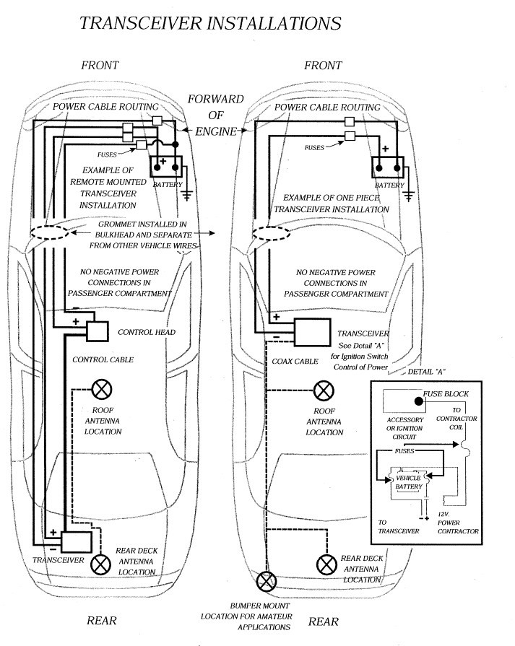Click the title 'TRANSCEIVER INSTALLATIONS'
[209, 23]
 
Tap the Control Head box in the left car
[100, 331]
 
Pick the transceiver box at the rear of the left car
[74, 541]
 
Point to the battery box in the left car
[166, 167]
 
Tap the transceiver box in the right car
[311, 332]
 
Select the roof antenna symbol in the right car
[324, 390]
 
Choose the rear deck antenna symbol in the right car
[327, 562]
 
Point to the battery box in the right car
[387, 167]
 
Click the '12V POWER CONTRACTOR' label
[458, 523]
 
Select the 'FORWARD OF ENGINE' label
[215, 115]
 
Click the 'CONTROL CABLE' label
[103, 359]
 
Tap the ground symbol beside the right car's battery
[410, 195]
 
